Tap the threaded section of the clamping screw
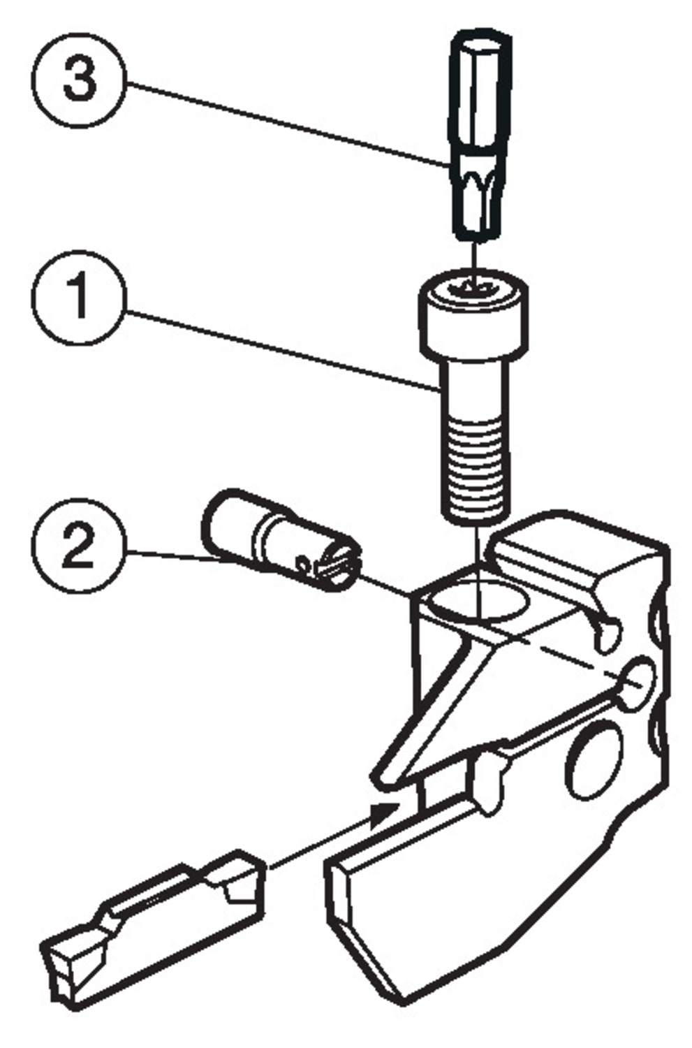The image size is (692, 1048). [474, 461]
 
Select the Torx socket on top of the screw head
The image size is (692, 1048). [474, 285]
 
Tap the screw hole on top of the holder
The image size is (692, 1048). [478, 603]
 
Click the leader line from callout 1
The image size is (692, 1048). [279, 349]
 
